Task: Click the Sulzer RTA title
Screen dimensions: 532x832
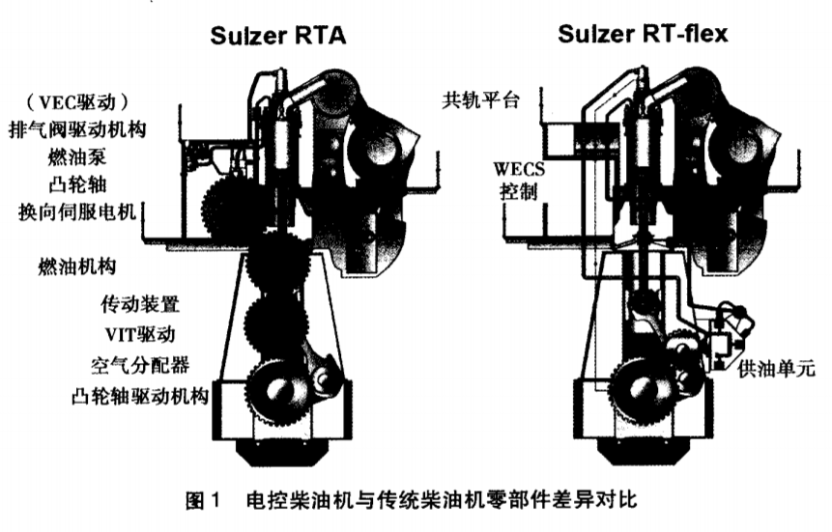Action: click(278, 38)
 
